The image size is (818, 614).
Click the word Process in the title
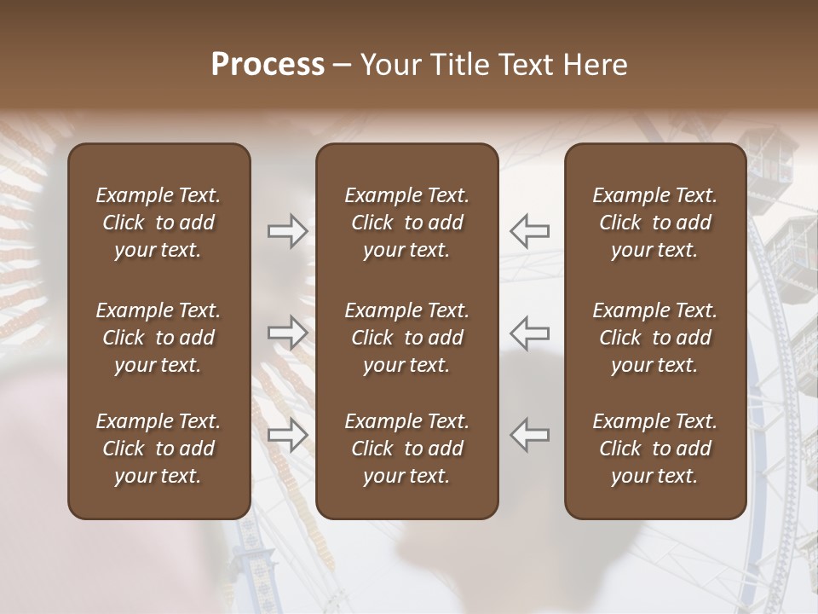(268, 65)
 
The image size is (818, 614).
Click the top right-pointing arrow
(288, 231)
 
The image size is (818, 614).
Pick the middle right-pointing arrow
(288, 333)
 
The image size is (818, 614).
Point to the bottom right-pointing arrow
(288, 435)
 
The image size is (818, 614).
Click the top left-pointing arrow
(529, 231)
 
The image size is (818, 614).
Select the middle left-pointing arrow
(529, 333)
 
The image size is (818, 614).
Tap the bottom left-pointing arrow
(529, 435)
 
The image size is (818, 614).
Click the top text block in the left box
(158, 223)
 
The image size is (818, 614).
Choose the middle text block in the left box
(158, 338)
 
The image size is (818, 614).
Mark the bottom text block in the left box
(158, 449)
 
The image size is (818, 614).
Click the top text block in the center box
(406, 223)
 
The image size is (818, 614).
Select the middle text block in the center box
(406, 338)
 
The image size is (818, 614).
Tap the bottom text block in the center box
(406, 449)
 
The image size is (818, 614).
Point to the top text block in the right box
(655, 223)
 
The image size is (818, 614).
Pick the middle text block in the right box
(655, 338)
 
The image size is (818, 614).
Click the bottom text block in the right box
(655, 449)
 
